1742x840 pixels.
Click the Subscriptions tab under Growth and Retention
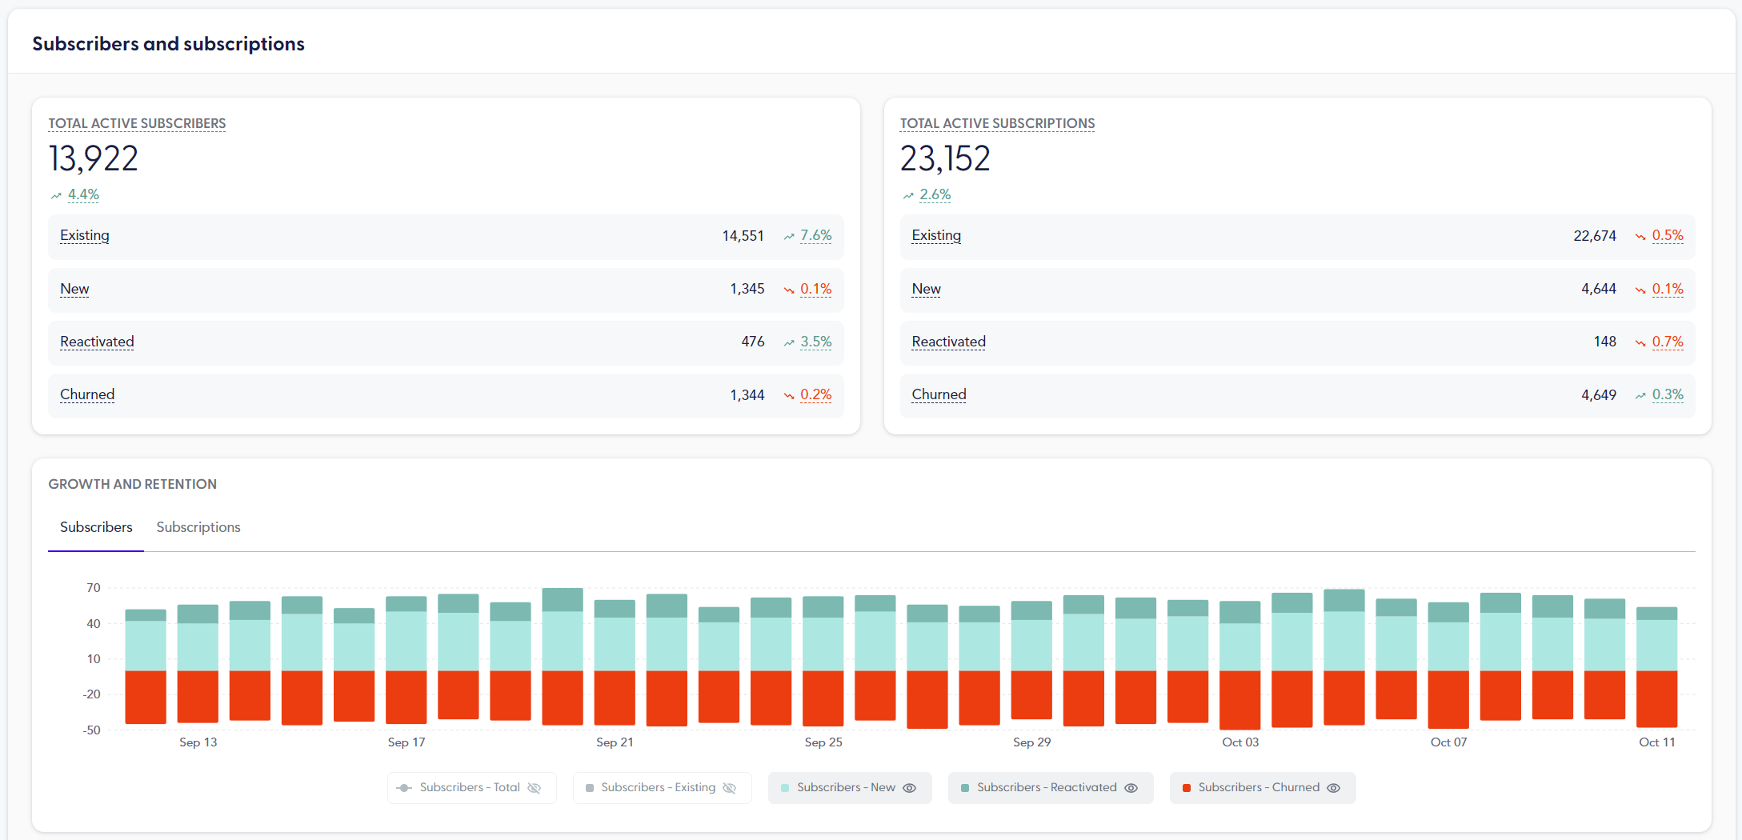click(198, 527)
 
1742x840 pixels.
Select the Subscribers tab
click(96, 527)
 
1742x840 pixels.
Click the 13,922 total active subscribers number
click(94, 158)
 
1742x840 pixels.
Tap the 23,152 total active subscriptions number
click(945, 158)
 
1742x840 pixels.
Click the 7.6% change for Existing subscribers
click(815, 236)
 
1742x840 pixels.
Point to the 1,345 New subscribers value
click(747, 289)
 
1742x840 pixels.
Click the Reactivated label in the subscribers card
click(97, 342)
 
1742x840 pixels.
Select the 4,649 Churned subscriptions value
click(1598, 394)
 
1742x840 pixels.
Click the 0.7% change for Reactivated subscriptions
click(1667, 342)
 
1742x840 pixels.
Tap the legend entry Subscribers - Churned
click(1258, 787)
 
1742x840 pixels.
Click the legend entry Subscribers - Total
click(470, 787)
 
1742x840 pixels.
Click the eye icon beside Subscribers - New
click(910, 788)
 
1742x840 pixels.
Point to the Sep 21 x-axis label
click(615, 742)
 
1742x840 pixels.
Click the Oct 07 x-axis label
click(1448, 742)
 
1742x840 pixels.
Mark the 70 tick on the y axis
click(94, 588)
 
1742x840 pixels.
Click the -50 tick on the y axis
click(92, 730)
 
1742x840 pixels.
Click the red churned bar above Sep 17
click(406, 697)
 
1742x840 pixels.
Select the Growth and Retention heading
click(132, 484)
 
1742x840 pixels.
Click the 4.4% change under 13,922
click(83, 194)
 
